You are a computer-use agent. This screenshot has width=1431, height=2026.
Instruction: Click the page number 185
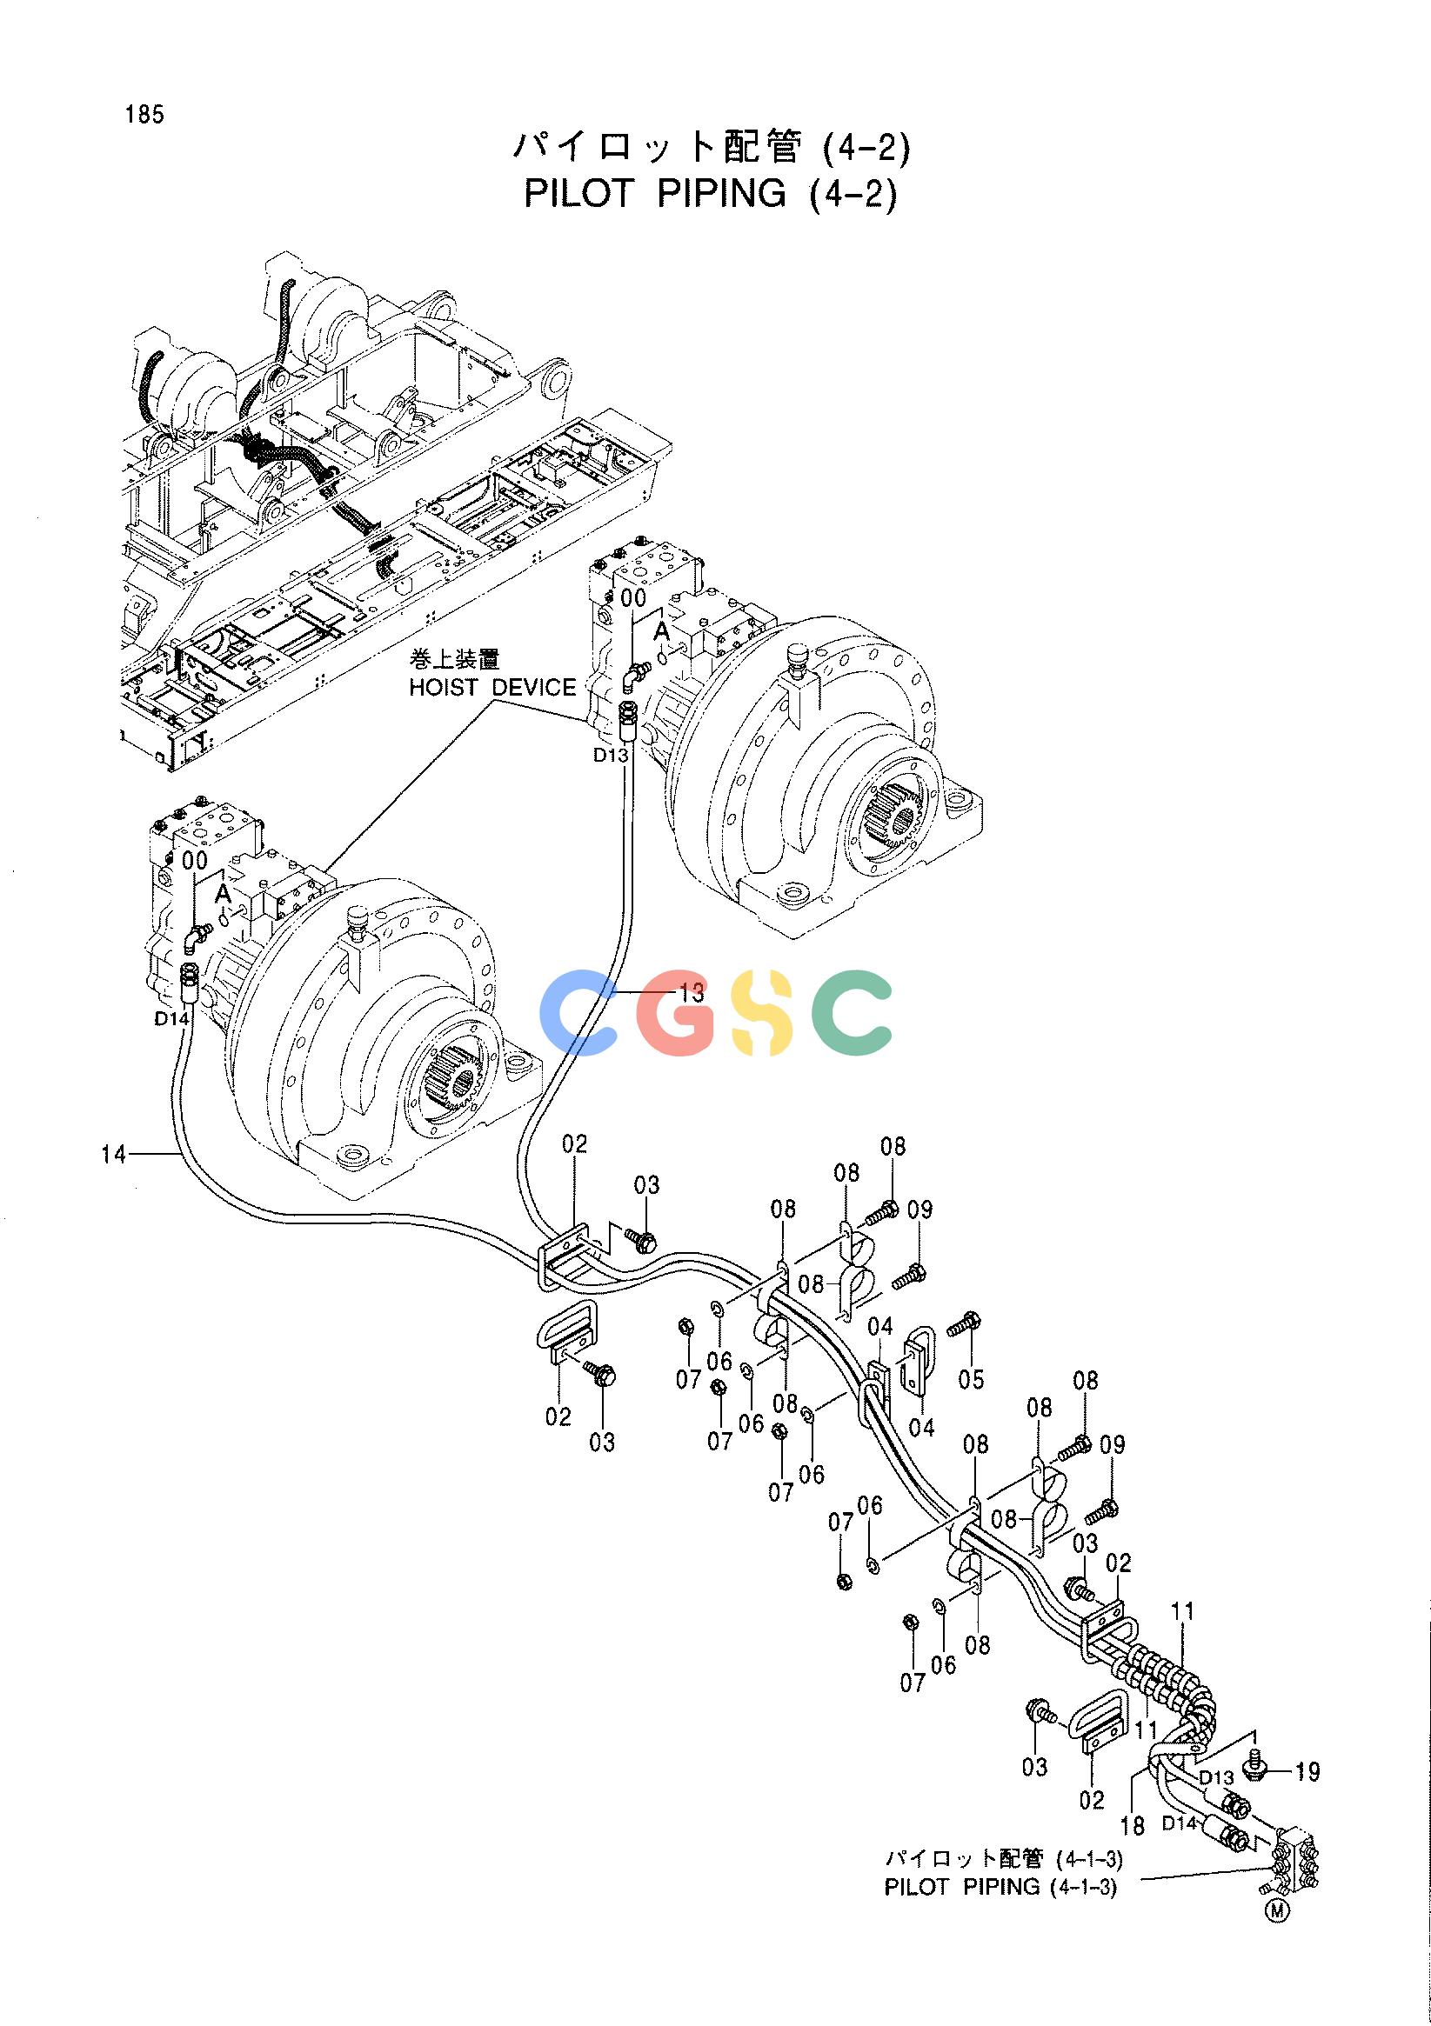[x=144, y=115]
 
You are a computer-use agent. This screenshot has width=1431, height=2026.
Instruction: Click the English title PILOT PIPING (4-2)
[x=710, y=193]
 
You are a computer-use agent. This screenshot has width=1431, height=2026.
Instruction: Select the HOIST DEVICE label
[x=491, y=688]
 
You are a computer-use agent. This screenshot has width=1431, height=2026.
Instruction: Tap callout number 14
[x=114, y=1153]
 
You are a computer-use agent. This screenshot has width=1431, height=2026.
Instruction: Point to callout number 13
[x=692, y=994]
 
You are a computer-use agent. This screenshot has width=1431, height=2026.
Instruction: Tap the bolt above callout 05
[x=961, y=1348]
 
